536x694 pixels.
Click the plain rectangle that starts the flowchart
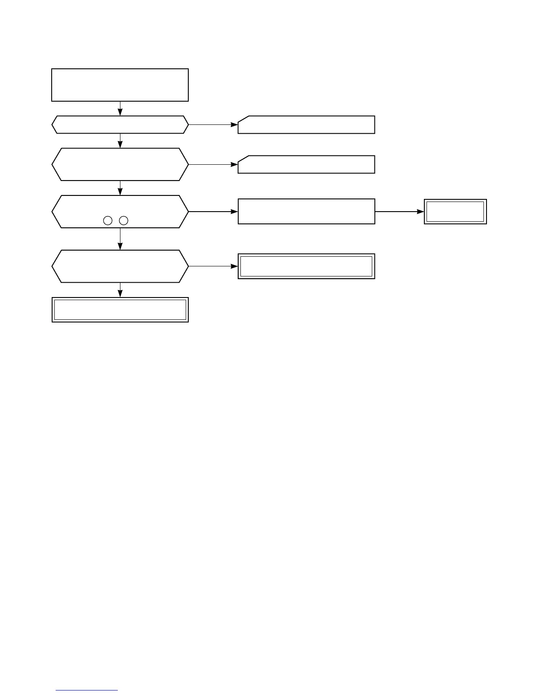coord(120,85)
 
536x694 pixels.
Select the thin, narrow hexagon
coord(120,125)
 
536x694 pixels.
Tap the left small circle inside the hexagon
coord(108,220)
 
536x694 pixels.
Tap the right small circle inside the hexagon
coord(124,220)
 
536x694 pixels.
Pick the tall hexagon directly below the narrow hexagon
coord(120,164)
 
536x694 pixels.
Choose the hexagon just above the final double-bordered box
coord(120,266)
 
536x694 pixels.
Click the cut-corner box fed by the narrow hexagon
coord(306,125)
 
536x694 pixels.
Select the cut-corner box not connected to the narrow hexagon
coord(306,164)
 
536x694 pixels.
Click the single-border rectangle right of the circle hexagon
coord(306,212)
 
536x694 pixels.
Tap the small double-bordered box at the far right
coord(455,212)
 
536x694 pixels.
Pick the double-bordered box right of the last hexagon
coord(306,266)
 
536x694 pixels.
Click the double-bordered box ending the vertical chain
coord(120,310)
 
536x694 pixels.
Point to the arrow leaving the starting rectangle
coord(120,109)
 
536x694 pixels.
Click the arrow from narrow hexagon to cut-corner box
coord(213,125)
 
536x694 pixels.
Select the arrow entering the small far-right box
coord(399,212)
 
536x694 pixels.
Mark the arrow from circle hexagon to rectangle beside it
coord(213,212)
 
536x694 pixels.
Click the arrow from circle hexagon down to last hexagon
coord(120,239)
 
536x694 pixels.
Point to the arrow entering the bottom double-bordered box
coord(120,290)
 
